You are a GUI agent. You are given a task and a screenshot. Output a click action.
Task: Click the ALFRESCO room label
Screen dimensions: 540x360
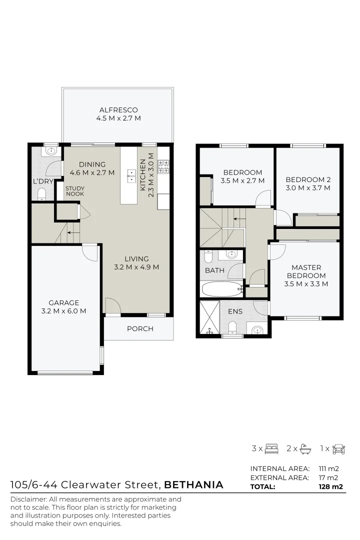click(118, 110)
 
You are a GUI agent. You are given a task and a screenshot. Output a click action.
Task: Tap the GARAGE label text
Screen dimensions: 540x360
click(63, 302)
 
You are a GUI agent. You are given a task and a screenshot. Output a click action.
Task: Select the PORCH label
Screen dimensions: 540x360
click(140, 328)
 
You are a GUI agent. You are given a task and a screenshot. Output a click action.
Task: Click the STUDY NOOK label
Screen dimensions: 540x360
click(74, 191)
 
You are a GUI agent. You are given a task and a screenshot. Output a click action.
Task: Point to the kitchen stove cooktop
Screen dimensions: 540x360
click(164, 166)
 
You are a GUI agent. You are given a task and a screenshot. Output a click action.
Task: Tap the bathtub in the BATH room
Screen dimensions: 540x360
click(221, 289)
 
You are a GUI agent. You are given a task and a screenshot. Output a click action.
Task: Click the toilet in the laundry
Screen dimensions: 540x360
click(42, 193)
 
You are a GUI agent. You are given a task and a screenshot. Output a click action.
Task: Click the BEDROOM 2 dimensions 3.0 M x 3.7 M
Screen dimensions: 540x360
click(308, 188)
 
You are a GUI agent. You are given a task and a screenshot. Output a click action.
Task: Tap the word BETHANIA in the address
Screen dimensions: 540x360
click(193, 484)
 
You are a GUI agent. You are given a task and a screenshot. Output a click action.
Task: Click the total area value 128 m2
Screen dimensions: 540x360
click(330, 486)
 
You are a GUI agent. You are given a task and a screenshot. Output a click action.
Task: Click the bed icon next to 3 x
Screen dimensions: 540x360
click(271, 448)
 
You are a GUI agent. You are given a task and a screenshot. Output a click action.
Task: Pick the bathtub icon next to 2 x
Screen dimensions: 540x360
click(305, 448)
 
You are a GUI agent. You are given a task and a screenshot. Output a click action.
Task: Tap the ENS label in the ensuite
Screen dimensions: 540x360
click(235, 311)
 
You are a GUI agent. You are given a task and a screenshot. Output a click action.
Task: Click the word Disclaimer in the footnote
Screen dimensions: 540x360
click(27, 499)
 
